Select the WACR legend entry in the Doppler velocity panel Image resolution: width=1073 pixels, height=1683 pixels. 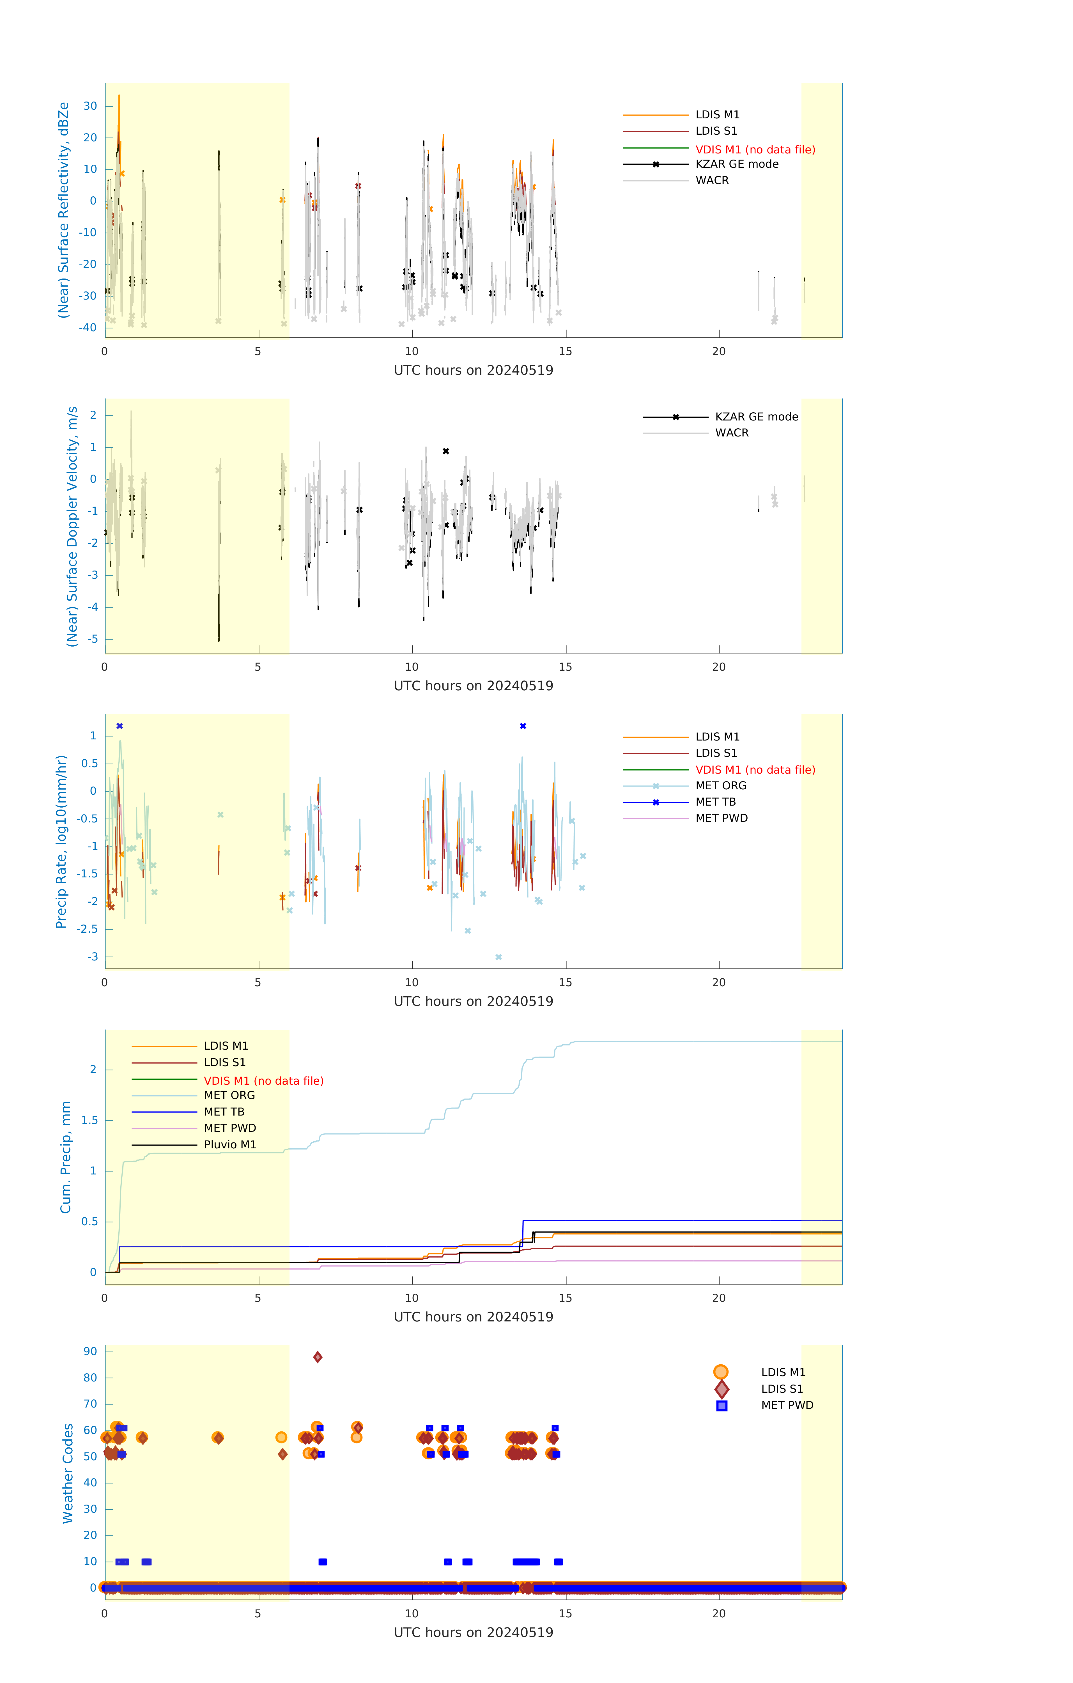(731, 433)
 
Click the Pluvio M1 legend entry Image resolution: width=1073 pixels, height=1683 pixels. (230, 1145)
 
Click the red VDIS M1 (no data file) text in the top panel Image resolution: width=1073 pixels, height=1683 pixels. (755, 150)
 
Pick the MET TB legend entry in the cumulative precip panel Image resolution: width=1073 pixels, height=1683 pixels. (224, 1112)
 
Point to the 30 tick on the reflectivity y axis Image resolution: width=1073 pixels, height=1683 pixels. (90, 106)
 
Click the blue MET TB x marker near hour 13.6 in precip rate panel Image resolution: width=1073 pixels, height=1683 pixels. (523, 726)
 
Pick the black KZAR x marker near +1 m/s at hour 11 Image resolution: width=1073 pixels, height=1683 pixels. (446, 452)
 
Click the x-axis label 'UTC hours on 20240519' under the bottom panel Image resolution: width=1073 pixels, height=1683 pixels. (473, 1633)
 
